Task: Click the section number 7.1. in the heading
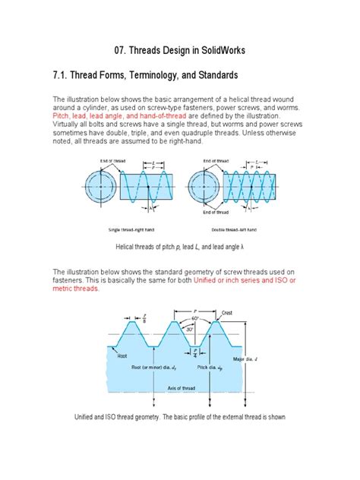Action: point(64,76)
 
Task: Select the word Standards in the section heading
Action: point(211,76)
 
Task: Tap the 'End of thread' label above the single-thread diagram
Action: point(112,160)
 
